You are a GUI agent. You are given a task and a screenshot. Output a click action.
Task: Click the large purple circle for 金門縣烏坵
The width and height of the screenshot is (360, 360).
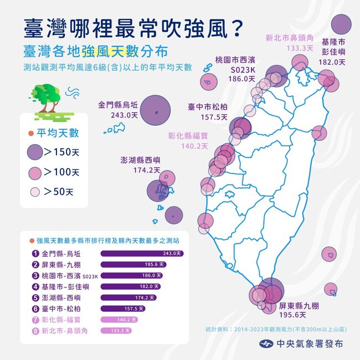pos(155,111)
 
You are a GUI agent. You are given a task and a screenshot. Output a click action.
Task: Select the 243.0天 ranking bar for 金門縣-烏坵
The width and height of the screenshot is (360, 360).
pos(141,253)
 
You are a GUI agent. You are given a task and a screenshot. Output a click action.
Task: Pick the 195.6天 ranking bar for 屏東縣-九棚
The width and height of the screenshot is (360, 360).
pos(133,264)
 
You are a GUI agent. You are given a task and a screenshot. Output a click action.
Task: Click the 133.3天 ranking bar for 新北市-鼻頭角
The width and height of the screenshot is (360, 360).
pos(116,331)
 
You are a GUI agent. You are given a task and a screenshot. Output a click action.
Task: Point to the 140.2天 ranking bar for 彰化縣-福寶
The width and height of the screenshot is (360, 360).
pos(119,320)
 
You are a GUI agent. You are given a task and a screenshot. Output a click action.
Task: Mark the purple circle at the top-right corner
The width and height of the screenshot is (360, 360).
pos(341,24)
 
